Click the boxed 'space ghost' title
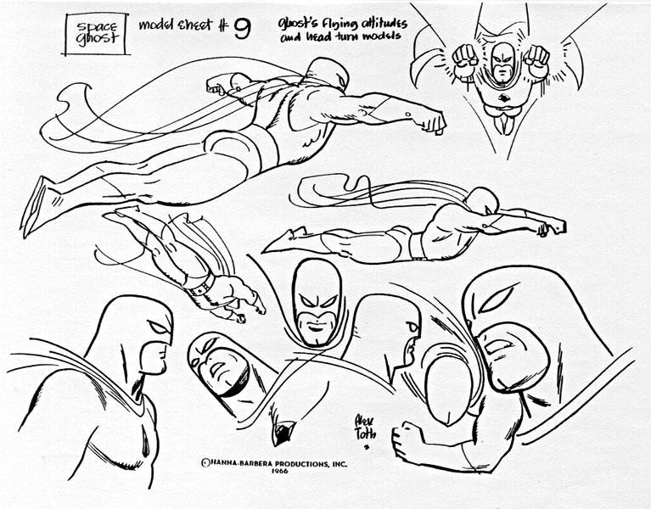[96, 33]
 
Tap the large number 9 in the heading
[242, 28]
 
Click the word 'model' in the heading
[155, 25]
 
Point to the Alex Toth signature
[365, 428]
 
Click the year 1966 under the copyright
[280, 471]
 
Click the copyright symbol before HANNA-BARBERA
[205, 463]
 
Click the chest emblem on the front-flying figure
[505, 98]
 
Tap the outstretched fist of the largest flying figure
[433, 122]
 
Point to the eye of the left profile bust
[159, 327]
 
